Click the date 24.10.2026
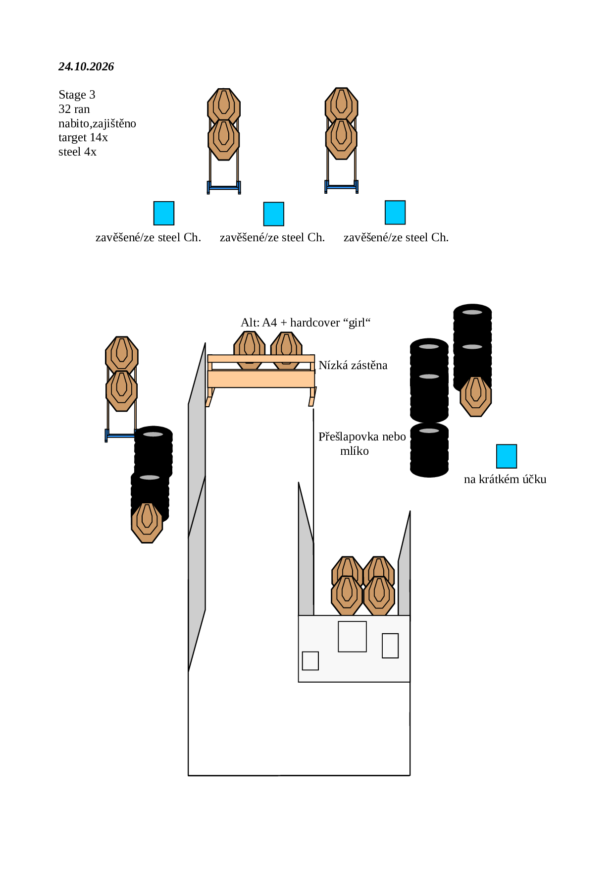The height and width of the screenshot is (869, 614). coord(86,66)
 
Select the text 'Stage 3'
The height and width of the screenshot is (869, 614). coord(77,95)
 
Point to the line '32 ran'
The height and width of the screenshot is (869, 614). coord(74,109)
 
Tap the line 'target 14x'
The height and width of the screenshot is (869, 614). coord(83,137)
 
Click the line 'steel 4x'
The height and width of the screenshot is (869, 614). coord(77,152)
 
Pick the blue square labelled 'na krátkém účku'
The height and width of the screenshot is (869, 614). coord(507,456)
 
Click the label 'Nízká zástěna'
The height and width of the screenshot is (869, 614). coord(353,365)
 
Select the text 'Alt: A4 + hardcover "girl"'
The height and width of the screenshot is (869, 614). coord(306,323)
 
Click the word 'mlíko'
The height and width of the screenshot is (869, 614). coord(355,451)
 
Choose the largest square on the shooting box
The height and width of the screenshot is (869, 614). coord(352,637)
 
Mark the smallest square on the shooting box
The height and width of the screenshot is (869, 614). coord(310,661)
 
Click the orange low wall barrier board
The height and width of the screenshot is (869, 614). coord(261,379)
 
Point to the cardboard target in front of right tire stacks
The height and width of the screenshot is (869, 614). coord(476,396)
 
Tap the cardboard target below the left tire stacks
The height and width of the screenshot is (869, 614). coord(147,523)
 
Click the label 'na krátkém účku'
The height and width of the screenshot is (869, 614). coord(505,479)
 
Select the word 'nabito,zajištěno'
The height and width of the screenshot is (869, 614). coord(97,123)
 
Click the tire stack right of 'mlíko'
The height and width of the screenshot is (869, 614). coord(429,450)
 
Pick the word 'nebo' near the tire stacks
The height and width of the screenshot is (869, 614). coord(394,436)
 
